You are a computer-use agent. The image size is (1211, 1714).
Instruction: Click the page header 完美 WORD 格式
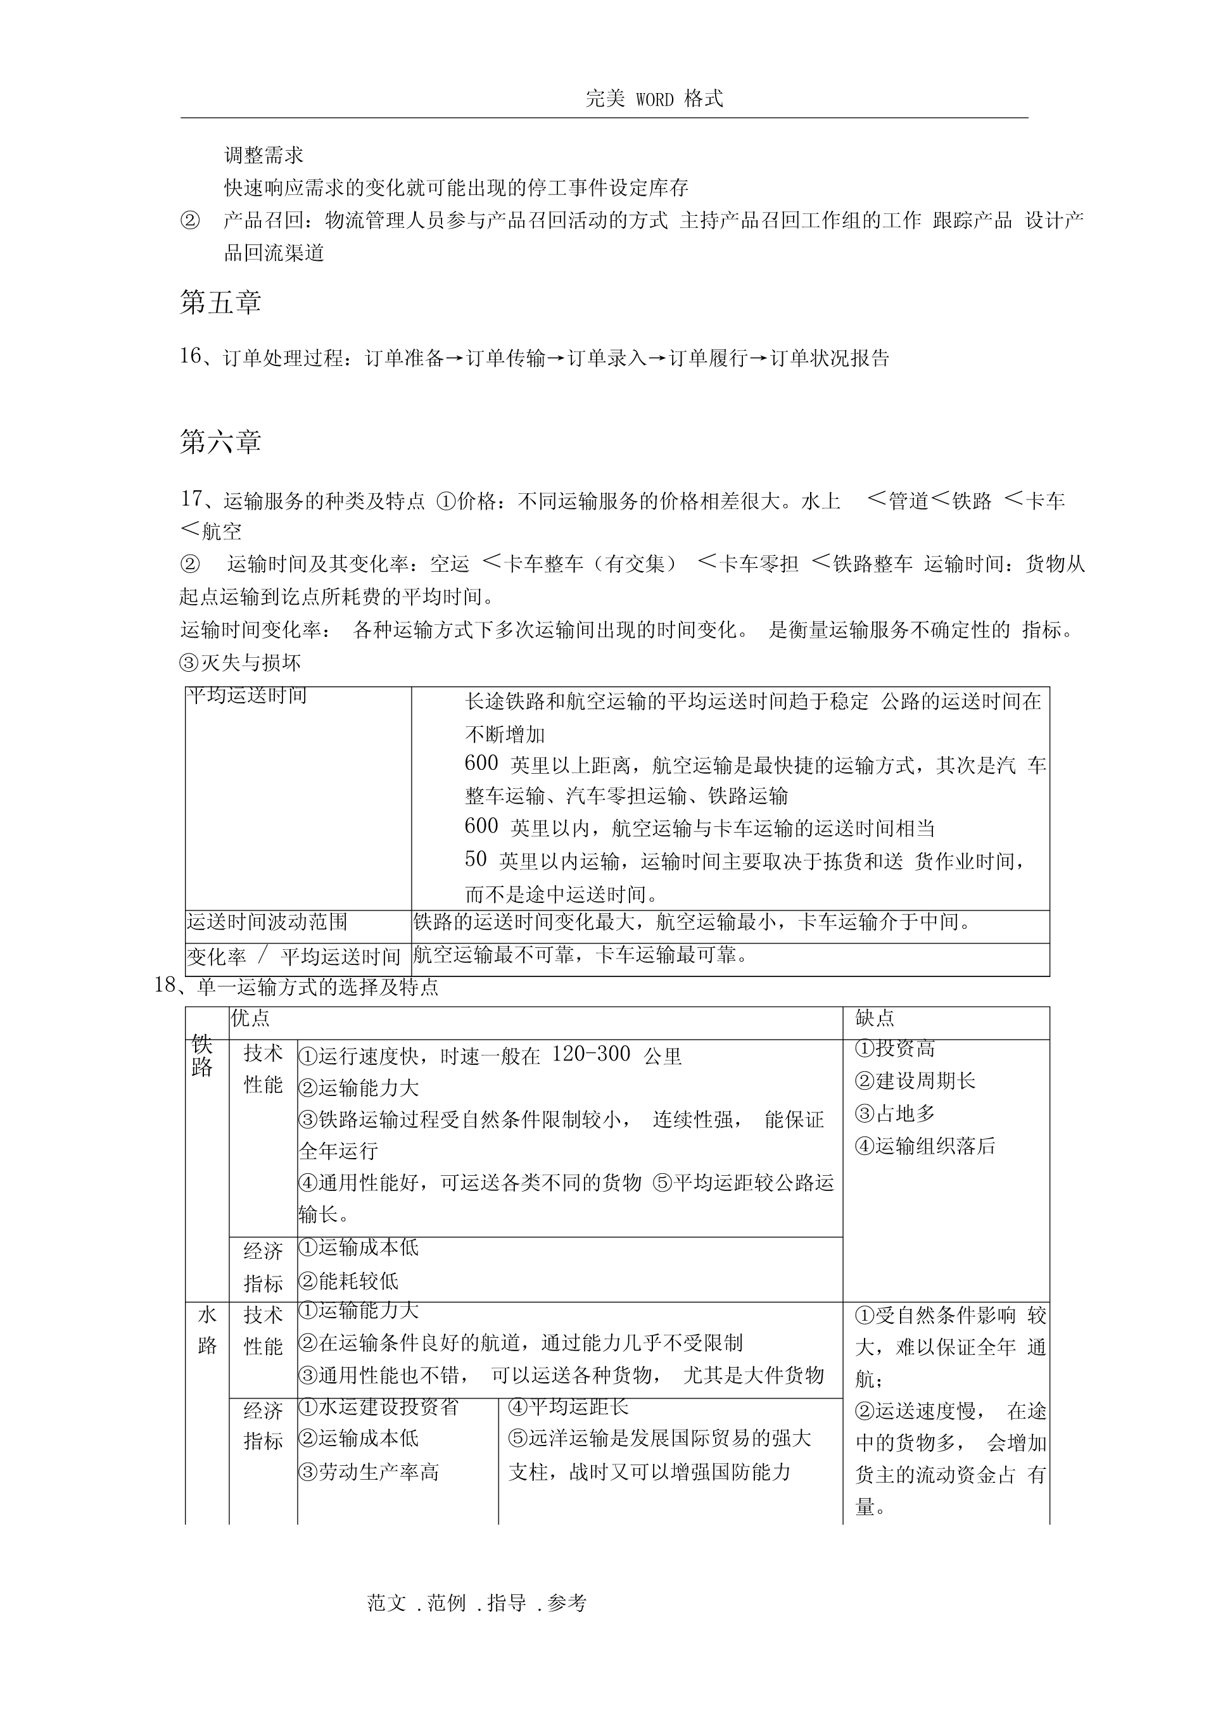(654, 99)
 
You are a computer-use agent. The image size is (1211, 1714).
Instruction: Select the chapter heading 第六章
(220, 442)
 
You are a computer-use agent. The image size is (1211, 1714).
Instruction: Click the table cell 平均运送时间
(247, 696)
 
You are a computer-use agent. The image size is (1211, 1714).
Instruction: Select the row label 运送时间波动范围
(267, 922)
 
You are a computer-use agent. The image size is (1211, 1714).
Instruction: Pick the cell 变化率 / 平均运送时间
(293, 956)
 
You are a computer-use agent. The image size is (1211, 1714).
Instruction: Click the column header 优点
(250, 1018)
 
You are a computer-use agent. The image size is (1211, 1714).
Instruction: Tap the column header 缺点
(874, 1018)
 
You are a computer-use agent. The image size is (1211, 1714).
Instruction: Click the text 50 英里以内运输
(550, 860)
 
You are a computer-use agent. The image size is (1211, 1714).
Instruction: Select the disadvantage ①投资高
(894, 1049)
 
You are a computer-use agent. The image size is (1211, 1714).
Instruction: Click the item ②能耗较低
(348, 1282)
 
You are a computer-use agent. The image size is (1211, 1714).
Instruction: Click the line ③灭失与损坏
(241, 662)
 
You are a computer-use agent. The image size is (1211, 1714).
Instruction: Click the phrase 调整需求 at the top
(263, 155)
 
